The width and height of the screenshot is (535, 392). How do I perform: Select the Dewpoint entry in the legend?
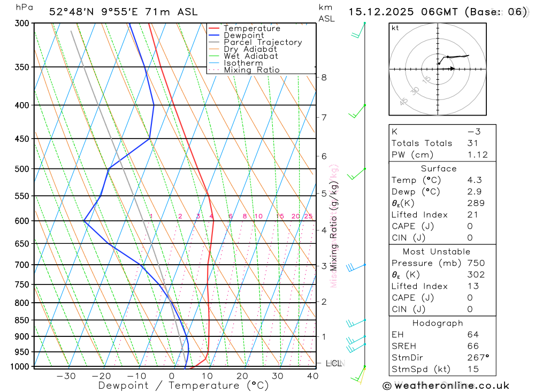coord(243,35)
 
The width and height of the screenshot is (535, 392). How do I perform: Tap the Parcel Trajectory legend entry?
coord(262,42)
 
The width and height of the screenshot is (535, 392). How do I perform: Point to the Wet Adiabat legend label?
coord(250,56)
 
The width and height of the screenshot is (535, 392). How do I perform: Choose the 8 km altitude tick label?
coord(324,77)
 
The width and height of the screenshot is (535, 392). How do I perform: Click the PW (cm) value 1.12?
coord(477,155)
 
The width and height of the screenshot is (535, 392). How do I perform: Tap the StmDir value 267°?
coord(478,357)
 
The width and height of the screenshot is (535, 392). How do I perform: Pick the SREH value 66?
coord(472,345)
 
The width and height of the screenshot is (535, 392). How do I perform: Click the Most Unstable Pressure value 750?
coord(476,263)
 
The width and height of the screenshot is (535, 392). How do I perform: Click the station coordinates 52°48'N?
coord(71,12)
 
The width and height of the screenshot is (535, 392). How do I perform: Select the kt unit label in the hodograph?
coord(395,28)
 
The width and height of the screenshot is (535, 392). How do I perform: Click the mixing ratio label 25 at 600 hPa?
coord(308,216)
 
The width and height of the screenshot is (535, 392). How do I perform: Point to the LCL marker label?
coord(334,363)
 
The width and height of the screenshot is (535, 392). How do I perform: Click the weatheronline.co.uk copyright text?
coord(446,385)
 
